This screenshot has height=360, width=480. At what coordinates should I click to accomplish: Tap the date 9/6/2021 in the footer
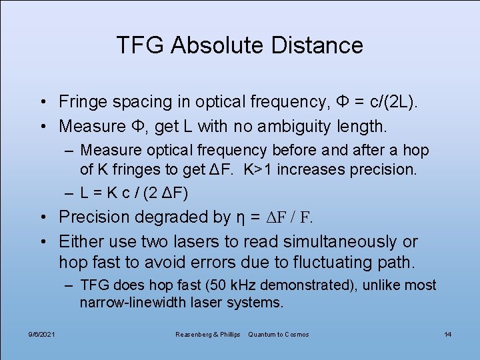(x=42, y=334)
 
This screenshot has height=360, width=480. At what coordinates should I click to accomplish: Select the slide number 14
(x=448, y=334)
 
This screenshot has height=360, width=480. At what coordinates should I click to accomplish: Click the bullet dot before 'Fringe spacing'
(x=41, y=103)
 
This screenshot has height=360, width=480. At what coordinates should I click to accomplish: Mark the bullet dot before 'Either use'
(x=41, y=242)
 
